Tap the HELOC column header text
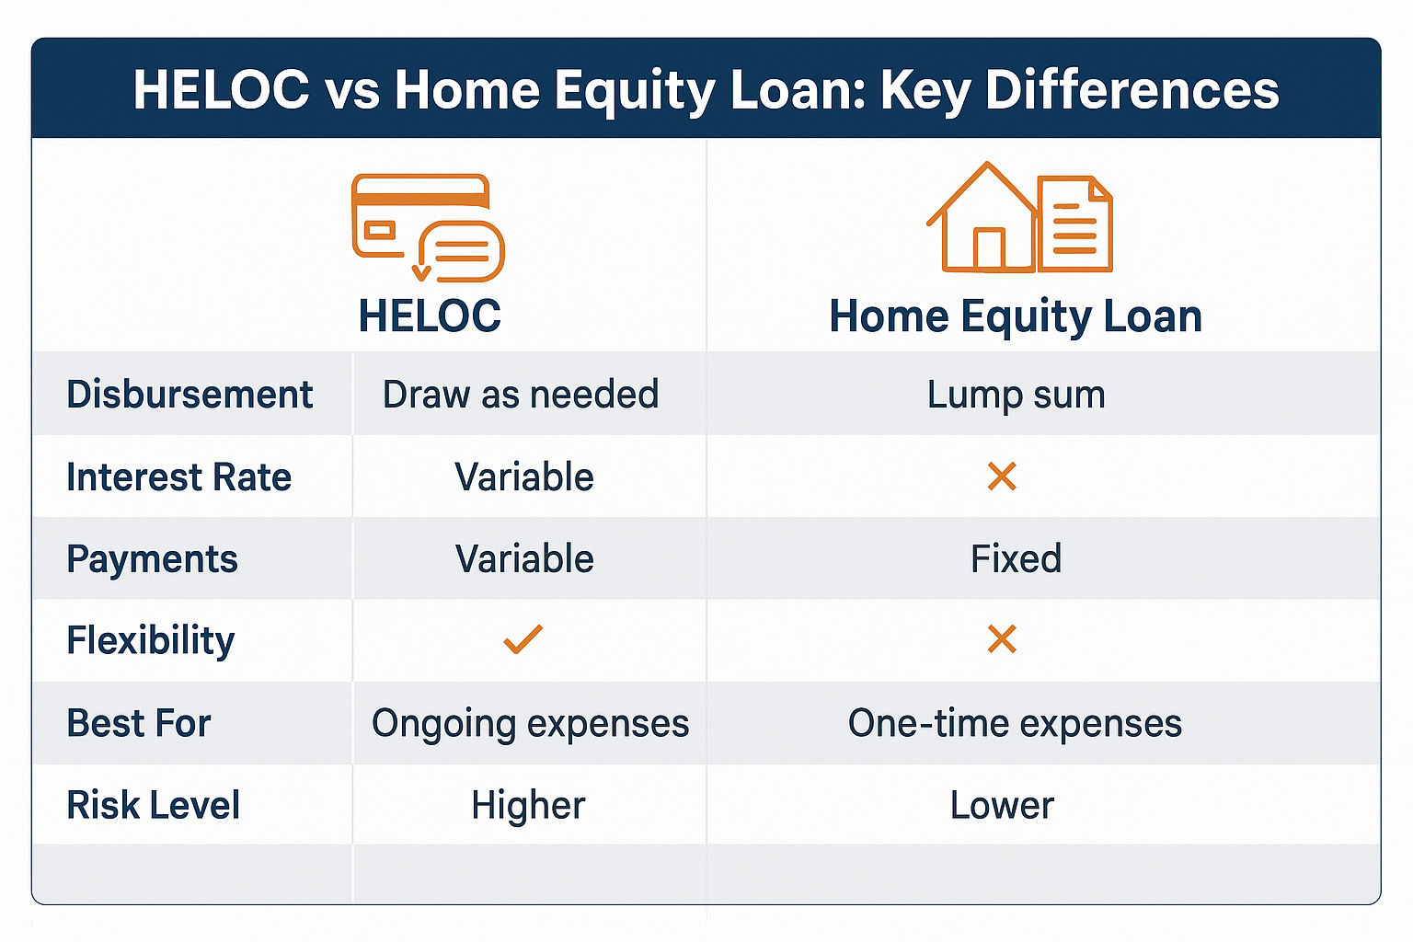[x=430, y=316]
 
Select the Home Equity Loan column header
[x=1016, y=316]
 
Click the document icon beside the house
[x=1075, y=224]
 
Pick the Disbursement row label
[x=190, y=395]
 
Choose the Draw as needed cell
[x=521, y=395]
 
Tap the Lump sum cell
[x=1016, y=395]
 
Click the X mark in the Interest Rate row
[x=1001, y=477]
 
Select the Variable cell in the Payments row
[x=524, y=559]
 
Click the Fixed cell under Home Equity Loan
[x=1016, y=559]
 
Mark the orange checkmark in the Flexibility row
[x=523, y=639]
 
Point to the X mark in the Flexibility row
[x=1001, y=639]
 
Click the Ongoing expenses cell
[x=530, y=724]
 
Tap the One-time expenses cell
[x=1015, y=724]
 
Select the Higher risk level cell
[x=528, y=806]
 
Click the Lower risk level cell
[x=1002, y=806]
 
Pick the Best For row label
[x=139, y=724]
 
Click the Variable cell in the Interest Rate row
[x=524, y=477]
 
